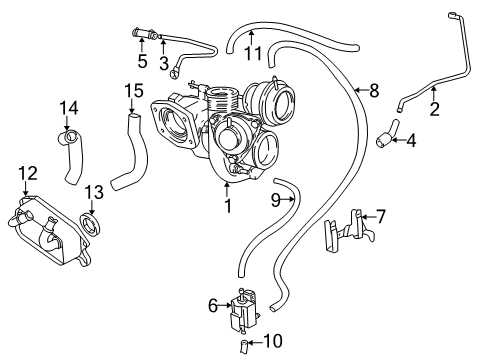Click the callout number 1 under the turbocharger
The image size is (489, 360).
pyautogui.click(x=229, y=207)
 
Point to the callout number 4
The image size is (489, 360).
pyautogui.click(x=411, y=141)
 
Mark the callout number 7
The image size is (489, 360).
pyautogui.click(x=380, y=216)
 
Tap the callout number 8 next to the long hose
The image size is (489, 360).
pyautogui.click(x=374, y=91)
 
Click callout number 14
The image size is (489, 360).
pyautogui.click(x=68, y=108)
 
